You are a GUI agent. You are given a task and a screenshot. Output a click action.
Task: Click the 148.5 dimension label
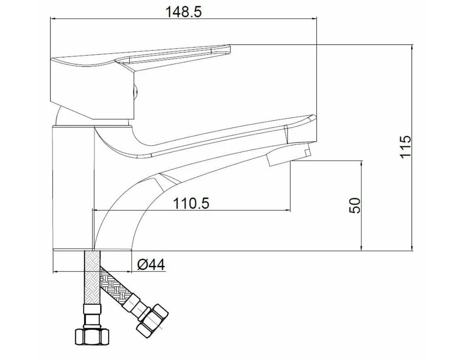pyautogui.click(x=183, y=12)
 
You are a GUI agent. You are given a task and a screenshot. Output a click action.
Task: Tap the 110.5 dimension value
pyautogui.click(x=191, y=203)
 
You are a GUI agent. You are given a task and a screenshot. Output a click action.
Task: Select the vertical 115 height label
pyautogui.click(x=406, y=146)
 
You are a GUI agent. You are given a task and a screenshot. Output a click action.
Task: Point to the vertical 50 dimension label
pyautogui.click(x=355, y=206)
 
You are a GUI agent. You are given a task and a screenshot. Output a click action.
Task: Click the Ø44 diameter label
pyautogui.click(x=151, y=265)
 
